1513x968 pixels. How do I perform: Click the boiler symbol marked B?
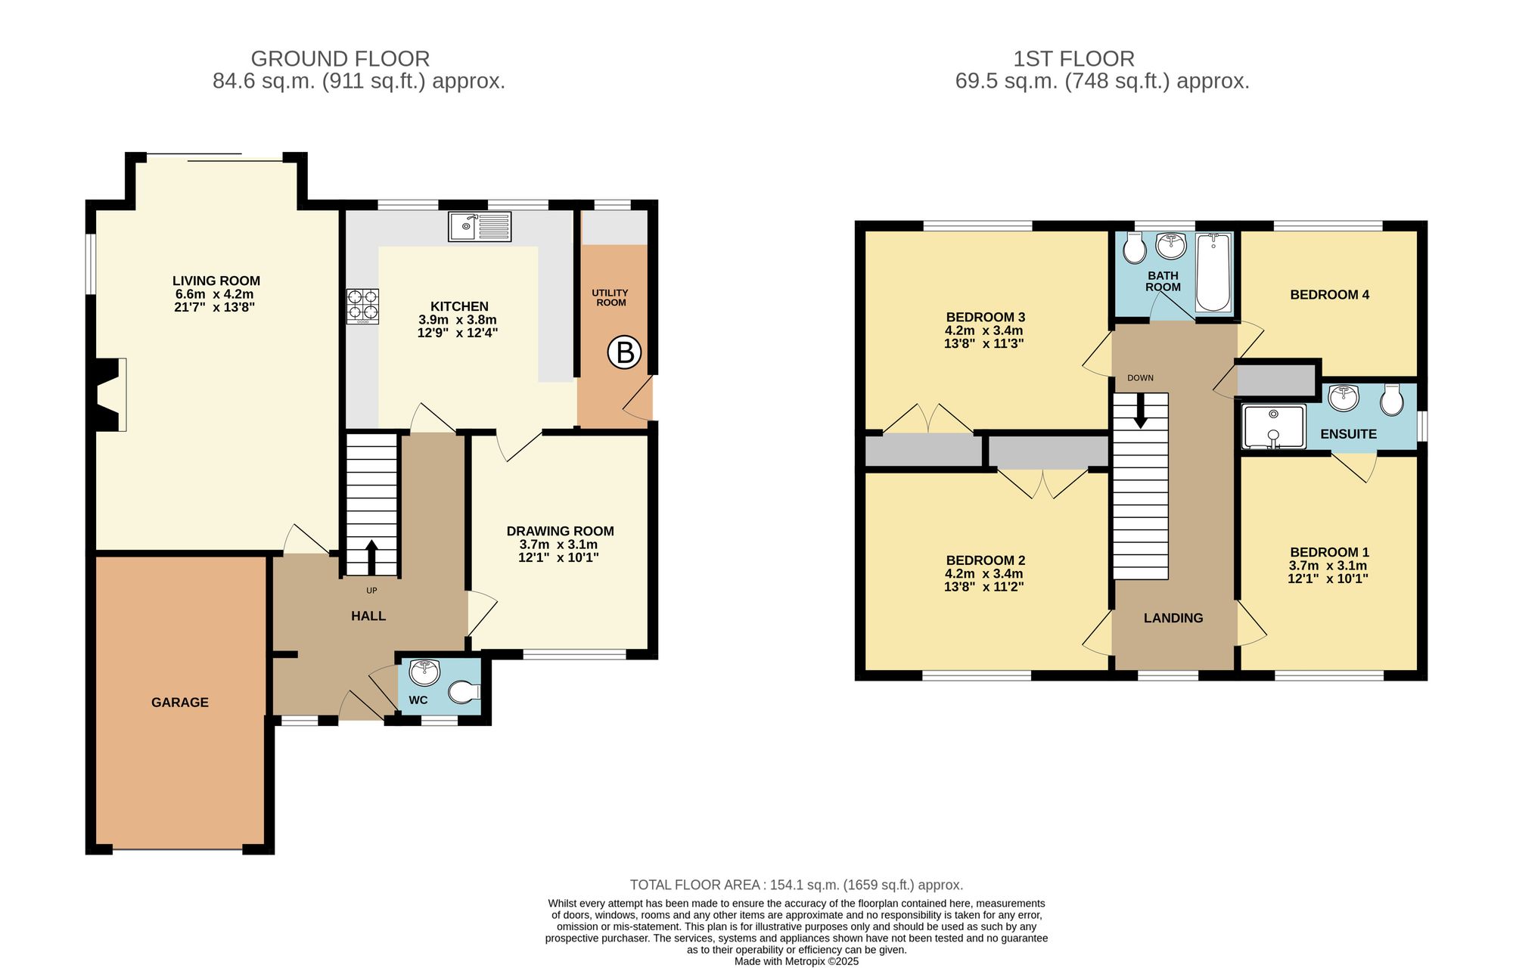pyautogui.click(x=625, y=352)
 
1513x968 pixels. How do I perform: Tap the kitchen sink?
pyautogui.click(x=479, y=226)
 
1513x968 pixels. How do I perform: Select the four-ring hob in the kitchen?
pyautogui.click(x=362, y=306)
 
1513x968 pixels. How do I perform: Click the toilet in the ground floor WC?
pyautogui.click(x=463, y=691)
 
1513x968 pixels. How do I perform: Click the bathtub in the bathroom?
pyautogui.click(x=1213, y=273)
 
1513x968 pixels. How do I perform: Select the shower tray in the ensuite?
pyautogui.click(x=1274, y=427)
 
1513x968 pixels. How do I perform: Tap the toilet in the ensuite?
pyautogui.click(x=1391, y=400)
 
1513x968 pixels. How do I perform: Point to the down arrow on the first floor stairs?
pyautogui.click(x=1140, y=412)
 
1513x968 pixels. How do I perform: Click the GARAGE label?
pyautogui.click(x=180, y=703)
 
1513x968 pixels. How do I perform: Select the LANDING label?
pyautogui.click(x=1173, y=618)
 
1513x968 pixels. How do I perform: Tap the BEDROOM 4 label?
pyautogui.click(x=1329, y=295)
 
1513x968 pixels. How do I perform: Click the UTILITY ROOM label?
pyautogui.click(x=610, y=298)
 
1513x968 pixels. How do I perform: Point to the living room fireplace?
pyautogui.click(x=108, y=395)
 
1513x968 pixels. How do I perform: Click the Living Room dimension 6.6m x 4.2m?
pyautogui.click(x=214, y=294)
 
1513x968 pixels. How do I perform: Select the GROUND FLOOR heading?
pyautogui.click(x=340, y=59)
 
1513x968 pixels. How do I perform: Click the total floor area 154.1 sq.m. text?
pyautogui.click(x=796, y=885)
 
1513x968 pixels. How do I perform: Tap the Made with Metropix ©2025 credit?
pyautogui.click(x=796, y=962)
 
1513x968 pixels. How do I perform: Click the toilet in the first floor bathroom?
pyautogui.click(x=1135, y=248)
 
